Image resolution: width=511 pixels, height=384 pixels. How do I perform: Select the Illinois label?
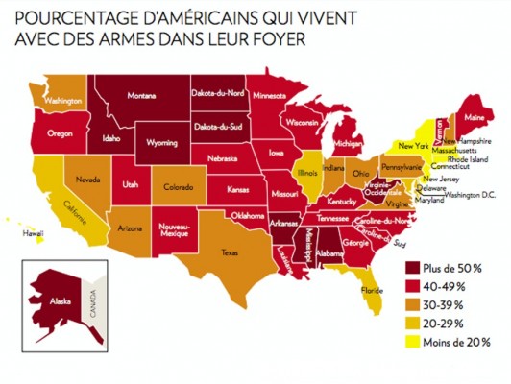coord(307,175)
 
